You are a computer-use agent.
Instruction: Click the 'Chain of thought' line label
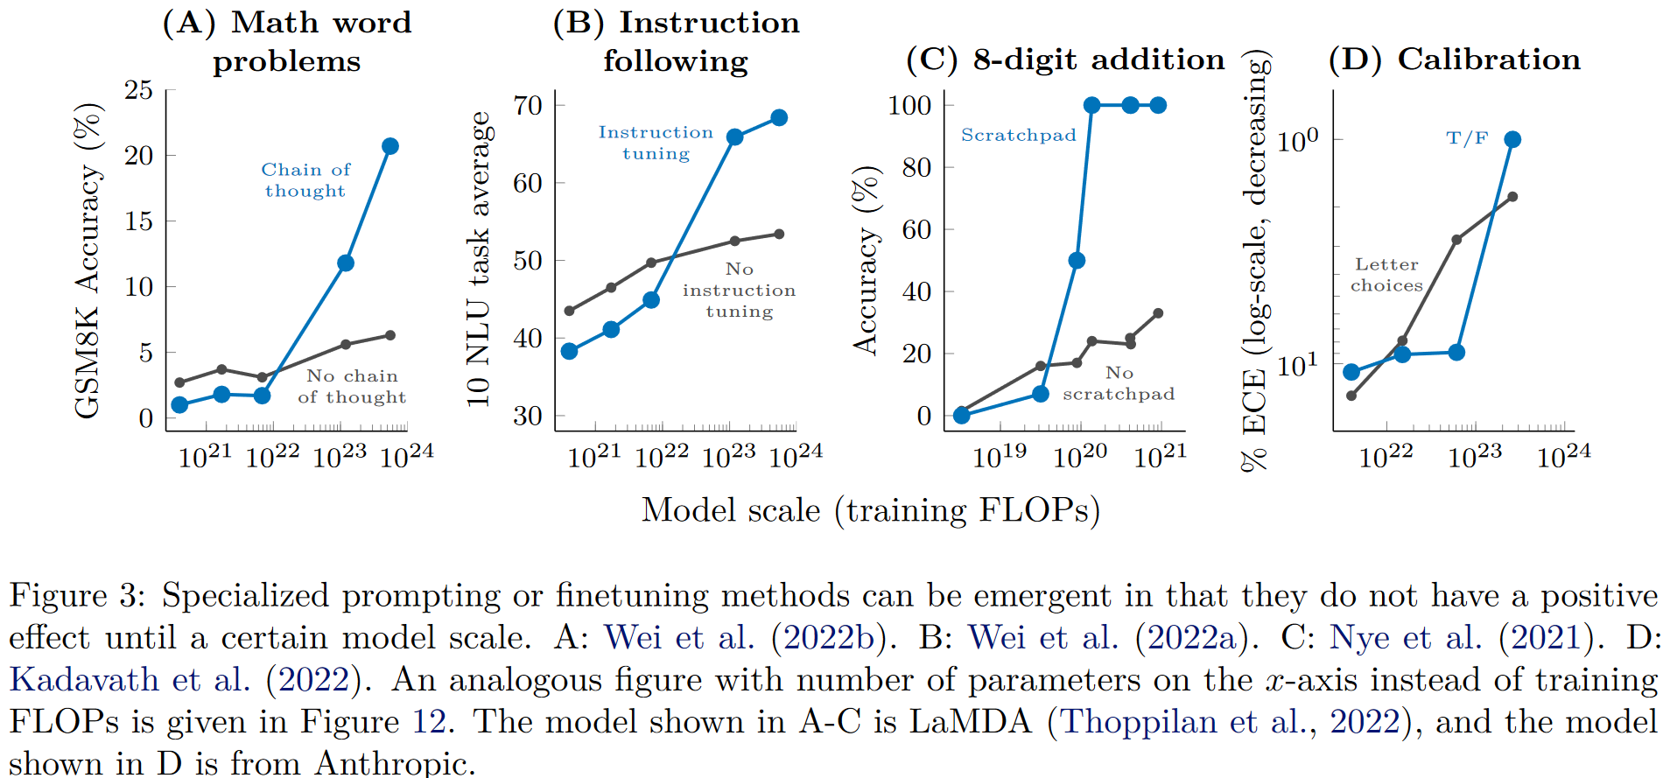click(305, 180)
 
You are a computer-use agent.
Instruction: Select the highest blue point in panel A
click(390, 146)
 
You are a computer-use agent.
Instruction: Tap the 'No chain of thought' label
click(352, 386)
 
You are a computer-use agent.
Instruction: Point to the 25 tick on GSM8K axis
click(138, 90)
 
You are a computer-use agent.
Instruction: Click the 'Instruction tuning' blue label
click(656, 143)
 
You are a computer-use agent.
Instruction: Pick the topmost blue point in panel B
click(779, 117)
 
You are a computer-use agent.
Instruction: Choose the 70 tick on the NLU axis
click(528, 106)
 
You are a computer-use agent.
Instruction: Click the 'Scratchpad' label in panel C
click(1018, 135)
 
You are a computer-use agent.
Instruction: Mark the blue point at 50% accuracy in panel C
click(1077, 261)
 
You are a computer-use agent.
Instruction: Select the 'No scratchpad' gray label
click(1119, 383)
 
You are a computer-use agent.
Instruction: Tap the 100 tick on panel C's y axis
click(909, 106)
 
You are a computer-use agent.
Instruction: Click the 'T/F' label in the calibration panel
click(1467, 138)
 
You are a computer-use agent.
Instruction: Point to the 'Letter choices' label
click(1386, 275)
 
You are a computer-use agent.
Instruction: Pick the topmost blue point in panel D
click(1512, 139)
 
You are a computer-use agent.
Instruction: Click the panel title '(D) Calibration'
click(1455, 60)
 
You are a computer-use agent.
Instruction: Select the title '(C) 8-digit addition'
click(1065, 60)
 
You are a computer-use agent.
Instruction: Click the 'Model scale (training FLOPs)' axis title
click(871, 510)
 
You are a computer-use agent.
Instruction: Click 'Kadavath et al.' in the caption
click(130, 680)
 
